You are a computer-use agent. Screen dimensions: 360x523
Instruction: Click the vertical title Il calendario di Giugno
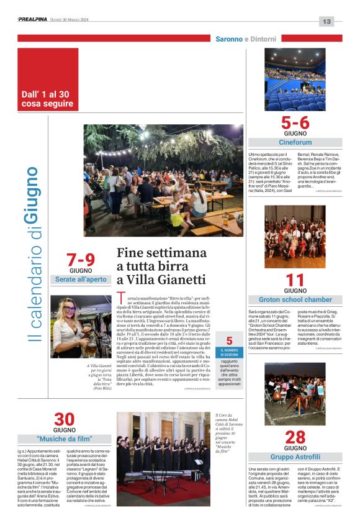click(32, 254)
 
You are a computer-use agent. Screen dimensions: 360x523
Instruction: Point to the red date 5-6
click(295, 122)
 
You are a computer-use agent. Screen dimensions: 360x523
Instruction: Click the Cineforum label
click(295, 142)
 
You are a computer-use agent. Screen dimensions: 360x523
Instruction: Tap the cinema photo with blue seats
click(295, 79)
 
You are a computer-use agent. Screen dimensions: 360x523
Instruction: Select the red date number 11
click(295, 280)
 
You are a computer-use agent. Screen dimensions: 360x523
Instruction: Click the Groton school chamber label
click(295, 300)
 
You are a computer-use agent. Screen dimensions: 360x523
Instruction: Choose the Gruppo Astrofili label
click(295, 457)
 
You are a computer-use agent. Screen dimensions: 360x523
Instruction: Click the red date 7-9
click(81, 260)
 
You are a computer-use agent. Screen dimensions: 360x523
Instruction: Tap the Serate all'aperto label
click(81, 280)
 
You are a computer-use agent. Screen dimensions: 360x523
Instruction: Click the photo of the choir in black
click(164, 458)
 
